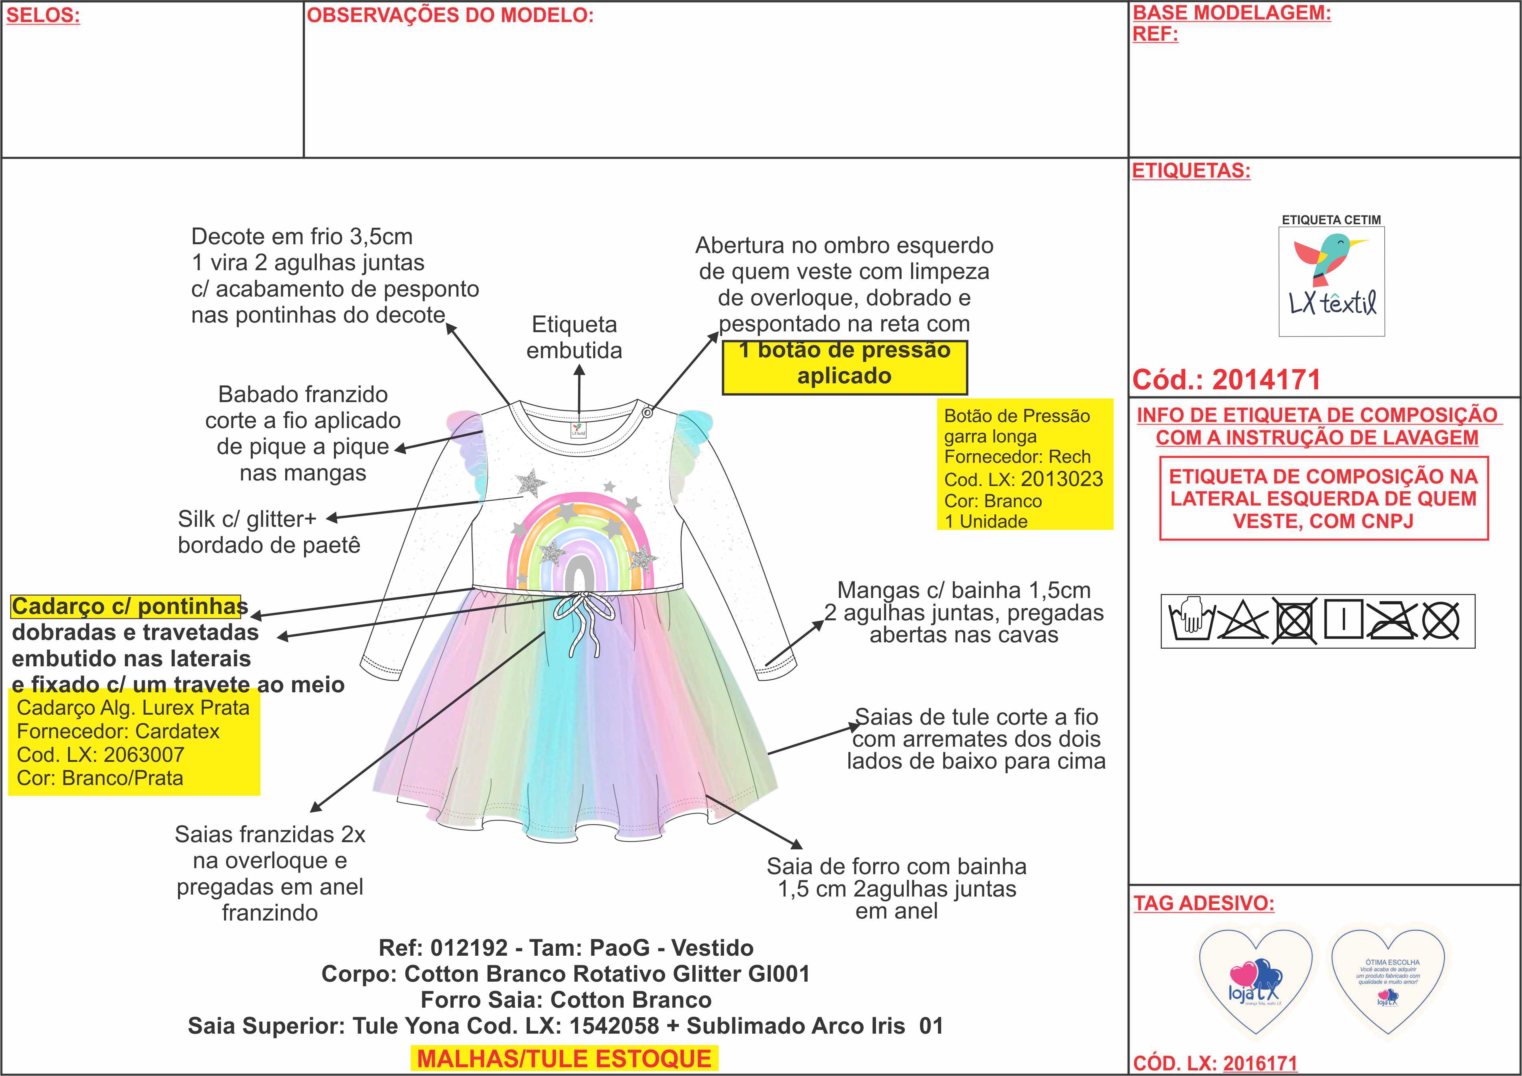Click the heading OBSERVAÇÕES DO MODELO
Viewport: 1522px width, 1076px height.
click(450, 16)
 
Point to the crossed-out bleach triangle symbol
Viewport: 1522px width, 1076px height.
click(1242, 621)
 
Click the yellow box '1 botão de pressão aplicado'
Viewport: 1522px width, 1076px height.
click(844, 363)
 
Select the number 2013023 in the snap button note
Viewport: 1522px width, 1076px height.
click(1062, 479)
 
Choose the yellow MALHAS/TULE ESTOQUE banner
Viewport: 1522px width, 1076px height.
click(564, 1058)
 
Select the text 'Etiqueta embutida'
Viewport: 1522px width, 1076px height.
click(574, 337)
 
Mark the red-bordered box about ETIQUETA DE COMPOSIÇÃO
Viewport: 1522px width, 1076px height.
click(1323, 499)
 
